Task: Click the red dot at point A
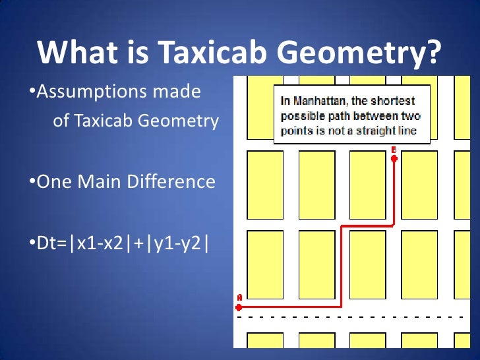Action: point(239,307)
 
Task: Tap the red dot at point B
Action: point(394,158)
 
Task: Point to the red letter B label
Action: point(394,150)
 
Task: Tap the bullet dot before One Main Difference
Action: point(32,182)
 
